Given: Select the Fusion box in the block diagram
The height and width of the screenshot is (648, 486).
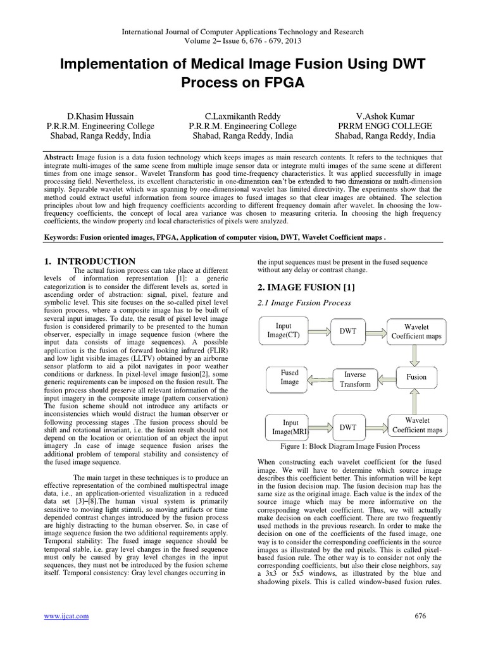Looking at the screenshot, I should pyautogui.click(x=416, y=377).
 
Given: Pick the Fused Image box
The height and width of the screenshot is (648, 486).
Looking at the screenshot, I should pyautogui.click(x=289, y=377).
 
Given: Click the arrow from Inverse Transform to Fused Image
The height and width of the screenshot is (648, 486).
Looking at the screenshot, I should pyautogui.click(x=320, y=378).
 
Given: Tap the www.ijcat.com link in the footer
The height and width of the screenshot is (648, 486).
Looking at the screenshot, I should pyautogui.click(x=66, y=616).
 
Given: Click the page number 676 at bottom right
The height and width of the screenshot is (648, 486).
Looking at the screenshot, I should pyautogui.click(x=420, y=616).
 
